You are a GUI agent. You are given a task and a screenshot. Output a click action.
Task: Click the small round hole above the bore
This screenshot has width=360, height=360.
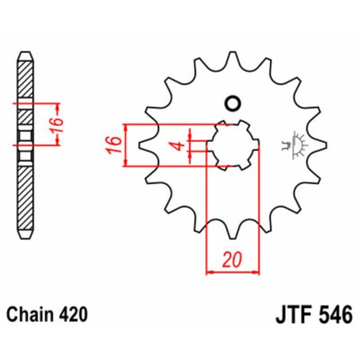(x=233, y=102)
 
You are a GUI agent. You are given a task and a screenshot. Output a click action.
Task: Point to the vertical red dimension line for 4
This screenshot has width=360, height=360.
(x=190, y=145)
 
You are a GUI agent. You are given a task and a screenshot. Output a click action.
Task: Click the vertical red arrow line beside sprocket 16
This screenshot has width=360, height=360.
(x=125, y=146)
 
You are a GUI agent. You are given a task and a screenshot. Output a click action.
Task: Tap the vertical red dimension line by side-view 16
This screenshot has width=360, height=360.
(x=55, y=124)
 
